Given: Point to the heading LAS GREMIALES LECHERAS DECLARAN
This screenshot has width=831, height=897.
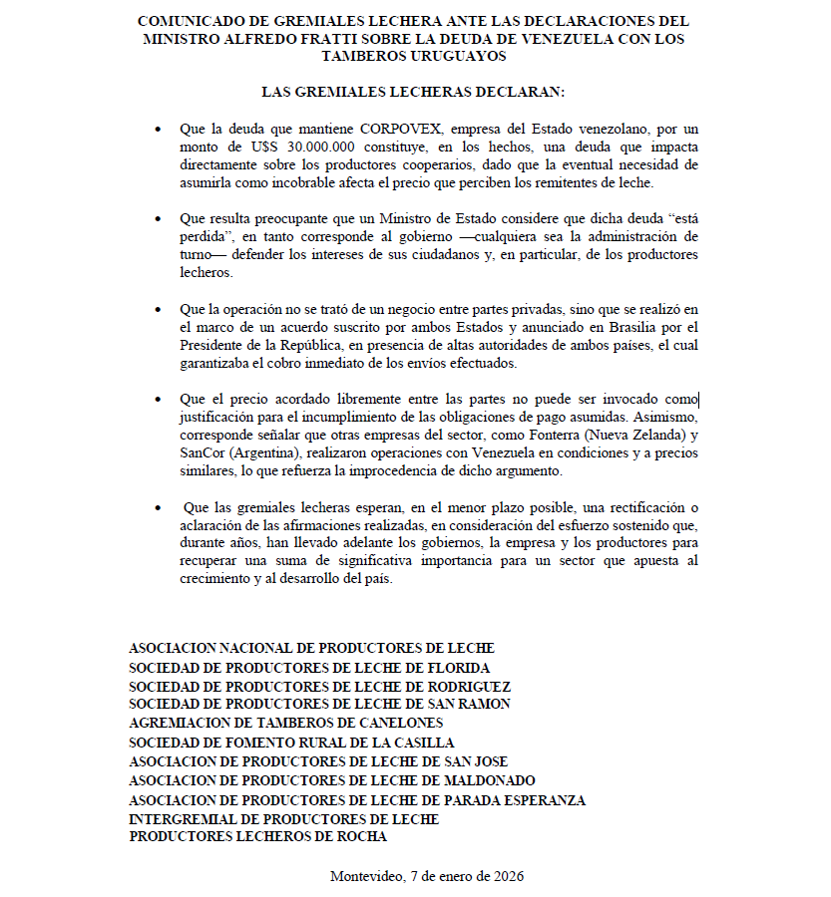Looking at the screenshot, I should [413, 92].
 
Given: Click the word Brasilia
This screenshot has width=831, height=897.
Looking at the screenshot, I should [616, 327].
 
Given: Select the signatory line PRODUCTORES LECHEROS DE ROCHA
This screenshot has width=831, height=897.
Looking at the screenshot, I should [258, 837].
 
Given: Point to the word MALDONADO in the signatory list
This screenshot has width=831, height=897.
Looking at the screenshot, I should [479, 780].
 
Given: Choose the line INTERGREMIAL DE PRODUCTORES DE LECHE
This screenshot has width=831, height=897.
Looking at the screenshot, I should [284, 818].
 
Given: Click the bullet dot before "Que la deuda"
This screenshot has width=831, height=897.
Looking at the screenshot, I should [156, 131].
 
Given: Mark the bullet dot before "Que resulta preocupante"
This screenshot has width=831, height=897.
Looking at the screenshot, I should [156, 218].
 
